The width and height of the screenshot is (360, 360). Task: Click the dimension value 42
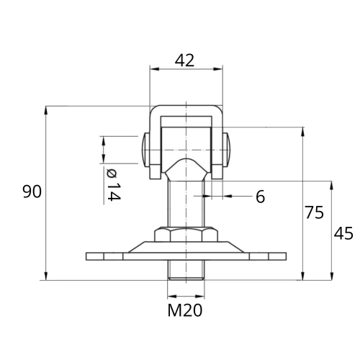pyautogui.click(x=184, y=60)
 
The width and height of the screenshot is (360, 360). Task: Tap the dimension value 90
pyautogui.click(x=32, y=192)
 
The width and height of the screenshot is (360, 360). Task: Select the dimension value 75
pyautogui.click(x=314, y=212)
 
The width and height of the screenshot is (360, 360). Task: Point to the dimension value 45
pyautogui.click(x=343, y=233)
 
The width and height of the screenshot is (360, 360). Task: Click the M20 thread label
pyautogui.click(x=185, y=310)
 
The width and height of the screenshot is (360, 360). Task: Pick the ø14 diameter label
pyautogui.click(x=113, y=184)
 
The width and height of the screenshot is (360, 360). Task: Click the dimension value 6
pyautogui.click(x=261, y=197)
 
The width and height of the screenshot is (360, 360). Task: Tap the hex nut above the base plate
pyautogui.click(x=186, y=235)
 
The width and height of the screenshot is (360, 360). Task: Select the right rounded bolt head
pyautogui.click(x=227, y=150)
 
